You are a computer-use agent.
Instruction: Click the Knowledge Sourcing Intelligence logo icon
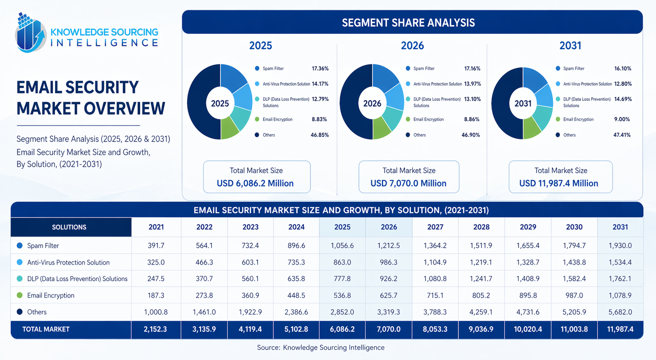point(30,33)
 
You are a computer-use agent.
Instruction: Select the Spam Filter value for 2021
point(156,246)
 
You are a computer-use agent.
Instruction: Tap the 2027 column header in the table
point(435,227)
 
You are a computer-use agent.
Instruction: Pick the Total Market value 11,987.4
point(620,329)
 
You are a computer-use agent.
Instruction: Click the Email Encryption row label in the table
point(50,295)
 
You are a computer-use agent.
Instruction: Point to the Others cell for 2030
point(574,312)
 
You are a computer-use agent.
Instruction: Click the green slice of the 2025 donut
point(229,131)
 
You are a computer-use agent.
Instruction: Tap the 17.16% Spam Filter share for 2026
point(472,69)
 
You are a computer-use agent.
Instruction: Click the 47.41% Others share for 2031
point(622,135)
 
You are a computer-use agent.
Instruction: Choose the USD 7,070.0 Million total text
point(408,183)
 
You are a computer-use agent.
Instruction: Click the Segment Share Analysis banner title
point(408,23)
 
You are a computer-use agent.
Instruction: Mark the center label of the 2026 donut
point(372,103)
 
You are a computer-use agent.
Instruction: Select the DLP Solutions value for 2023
point(250,279)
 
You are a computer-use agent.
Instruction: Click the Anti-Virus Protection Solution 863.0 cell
point(342,262)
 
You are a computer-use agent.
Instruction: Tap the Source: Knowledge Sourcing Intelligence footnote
point(321,348)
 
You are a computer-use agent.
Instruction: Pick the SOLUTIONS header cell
point(69,227)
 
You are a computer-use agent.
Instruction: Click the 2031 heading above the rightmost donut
point(570,46)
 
